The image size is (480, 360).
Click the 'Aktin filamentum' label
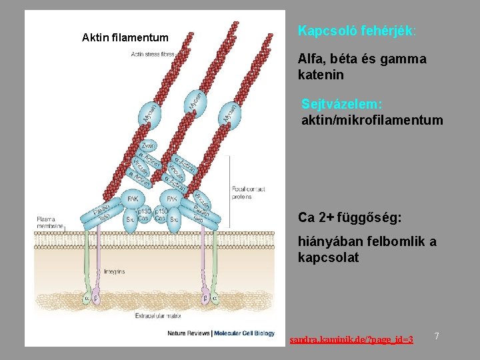125,37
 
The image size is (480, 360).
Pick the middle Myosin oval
195,101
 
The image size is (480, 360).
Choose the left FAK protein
133,199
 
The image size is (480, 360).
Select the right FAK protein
171,199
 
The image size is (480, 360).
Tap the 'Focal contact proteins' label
248,193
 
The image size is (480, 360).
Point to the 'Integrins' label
114,271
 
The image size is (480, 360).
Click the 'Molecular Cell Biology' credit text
243,333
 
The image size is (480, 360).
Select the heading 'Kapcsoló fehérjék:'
357,31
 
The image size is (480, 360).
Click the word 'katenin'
321,75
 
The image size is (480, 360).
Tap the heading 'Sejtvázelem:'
342,105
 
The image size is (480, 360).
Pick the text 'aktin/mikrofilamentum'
371,120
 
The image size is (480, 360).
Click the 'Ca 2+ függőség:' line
350,218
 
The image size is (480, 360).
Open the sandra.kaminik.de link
351,340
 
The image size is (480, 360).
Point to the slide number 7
437,336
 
